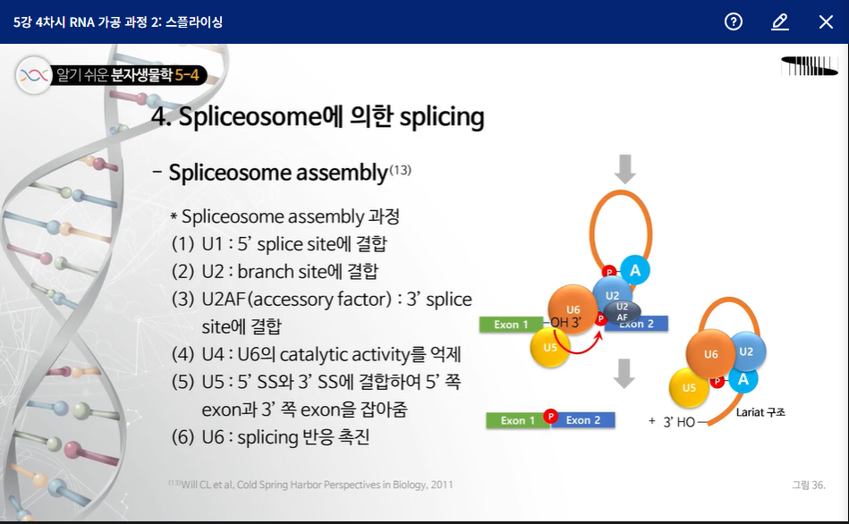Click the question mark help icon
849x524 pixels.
click(733, 21)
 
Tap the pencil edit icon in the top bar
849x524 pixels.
click(780, 21)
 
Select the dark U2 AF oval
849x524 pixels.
click(622, 312)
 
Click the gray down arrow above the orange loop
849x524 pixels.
click(624, 169)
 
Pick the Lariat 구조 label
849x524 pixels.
click(760, 412)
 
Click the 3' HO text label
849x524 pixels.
click(679, 422)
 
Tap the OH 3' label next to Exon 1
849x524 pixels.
click(565, 323)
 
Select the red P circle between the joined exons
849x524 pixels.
click(551, 416)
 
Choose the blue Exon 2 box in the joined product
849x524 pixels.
click(583, 420)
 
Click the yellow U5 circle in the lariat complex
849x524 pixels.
click(689, 387)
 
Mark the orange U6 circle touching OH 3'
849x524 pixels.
click(573, 309)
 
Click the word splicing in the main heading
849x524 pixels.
click(442, 117)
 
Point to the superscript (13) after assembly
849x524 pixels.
click(400, 170)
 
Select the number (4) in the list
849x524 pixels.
click(183, 355)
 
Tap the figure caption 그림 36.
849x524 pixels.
click(809, 485)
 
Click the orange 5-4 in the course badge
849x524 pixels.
click(187, 75)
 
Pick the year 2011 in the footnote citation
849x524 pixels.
click(442, 485)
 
